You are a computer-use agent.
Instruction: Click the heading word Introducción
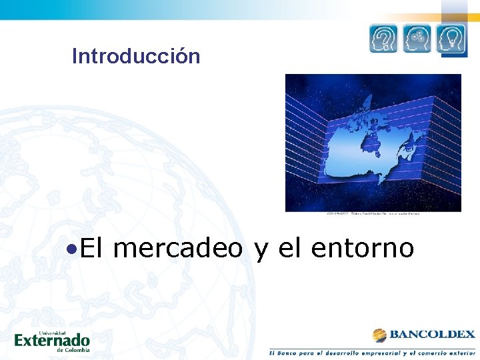coord(136,56)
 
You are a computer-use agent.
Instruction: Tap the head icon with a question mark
coord(383,39)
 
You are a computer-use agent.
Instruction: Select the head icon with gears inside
coord(417,39)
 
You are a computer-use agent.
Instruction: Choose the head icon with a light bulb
coord(451,39)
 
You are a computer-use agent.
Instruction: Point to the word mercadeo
coord(178,249)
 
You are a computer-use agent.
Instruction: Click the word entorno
coord(363,249)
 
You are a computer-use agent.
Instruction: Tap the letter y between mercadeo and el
coord(261,251)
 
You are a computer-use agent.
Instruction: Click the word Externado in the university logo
coord(52,341)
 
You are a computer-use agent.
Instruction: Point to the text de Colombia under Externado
coord(73,349)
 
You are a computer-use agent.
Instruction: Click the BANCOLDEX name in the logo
coord(432,335)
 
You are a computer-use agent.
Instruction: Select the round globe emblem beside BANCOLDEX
coord(379,335)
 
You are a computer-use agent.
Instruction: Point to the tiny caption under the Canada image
coord(373,214)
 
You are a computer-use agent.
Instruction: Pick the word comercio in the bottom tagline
coord(423,352)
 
